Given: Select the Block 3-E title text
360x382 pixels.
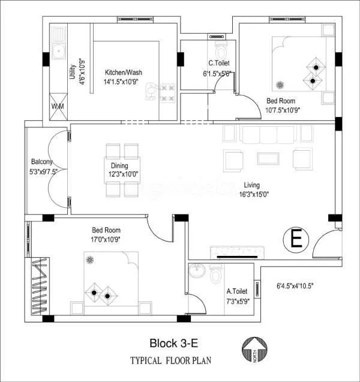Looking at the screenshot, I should [x=173, y=344].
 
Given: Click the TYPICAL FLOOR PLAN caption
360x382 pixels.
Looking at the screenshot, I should [x=170, y=361].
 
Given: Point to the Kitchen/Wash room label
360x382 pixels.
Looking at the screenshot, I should [x=123, y=73].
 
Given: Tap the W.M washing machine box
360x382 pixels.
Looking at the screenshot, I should [x=58, y=106].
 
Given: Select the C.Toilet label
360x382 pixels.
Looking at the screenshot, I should [x=218, y=63].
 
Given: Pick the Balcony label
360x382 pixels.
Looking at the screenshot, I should [x=42, y=162].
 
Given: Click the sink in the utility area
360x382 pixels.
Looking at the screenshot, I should [x=58, y=52].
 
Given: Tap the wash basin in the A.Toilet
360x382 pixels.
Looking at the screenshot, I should [x=197, y=272].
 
